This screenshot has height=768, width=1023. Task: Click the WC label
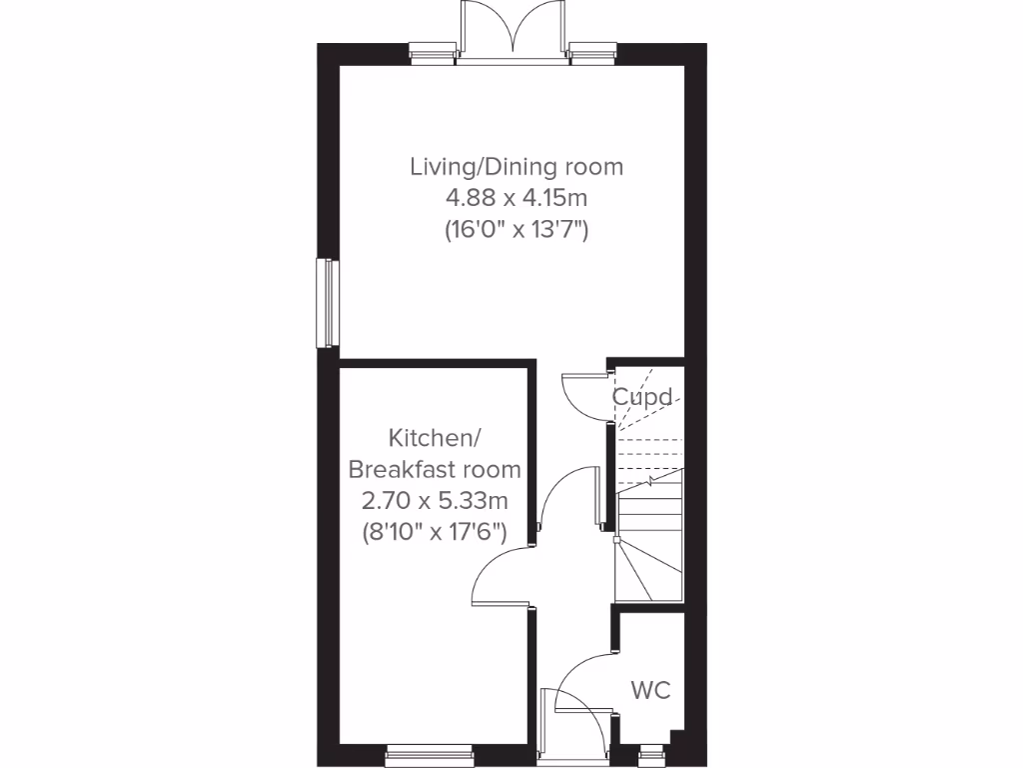tap(650, 690)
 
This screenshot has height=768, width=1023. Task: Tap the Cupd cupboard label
tap(641, 397)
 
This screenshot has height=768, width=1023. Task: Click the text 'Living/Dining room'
tap(515, 166)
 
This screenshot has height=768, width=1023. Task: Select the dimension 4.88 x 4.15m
tap(515, 198)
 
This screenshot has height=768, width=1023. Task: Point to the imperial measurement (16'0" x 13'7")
tap(515, 230)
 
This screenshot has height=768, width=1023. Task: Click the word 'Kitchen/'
tap(435, 438)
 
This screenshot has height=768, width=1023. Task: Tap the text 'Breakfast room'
tap(435, 469)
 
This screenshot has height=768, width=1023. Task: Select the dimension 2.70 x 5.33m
tap(435, 500)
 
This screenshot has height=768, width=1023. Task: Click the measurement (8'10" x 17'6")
tap(435, 532)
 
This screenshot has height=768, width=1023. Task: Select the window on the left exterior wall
tap(326, 303)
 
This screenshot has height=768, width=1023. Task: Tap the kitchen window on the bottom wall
tap(430, 751)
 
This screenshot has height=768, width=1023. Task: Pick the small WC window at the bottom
tap(650, 751)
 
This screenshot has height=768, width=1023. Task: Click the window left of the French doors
tap(434, 52)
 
